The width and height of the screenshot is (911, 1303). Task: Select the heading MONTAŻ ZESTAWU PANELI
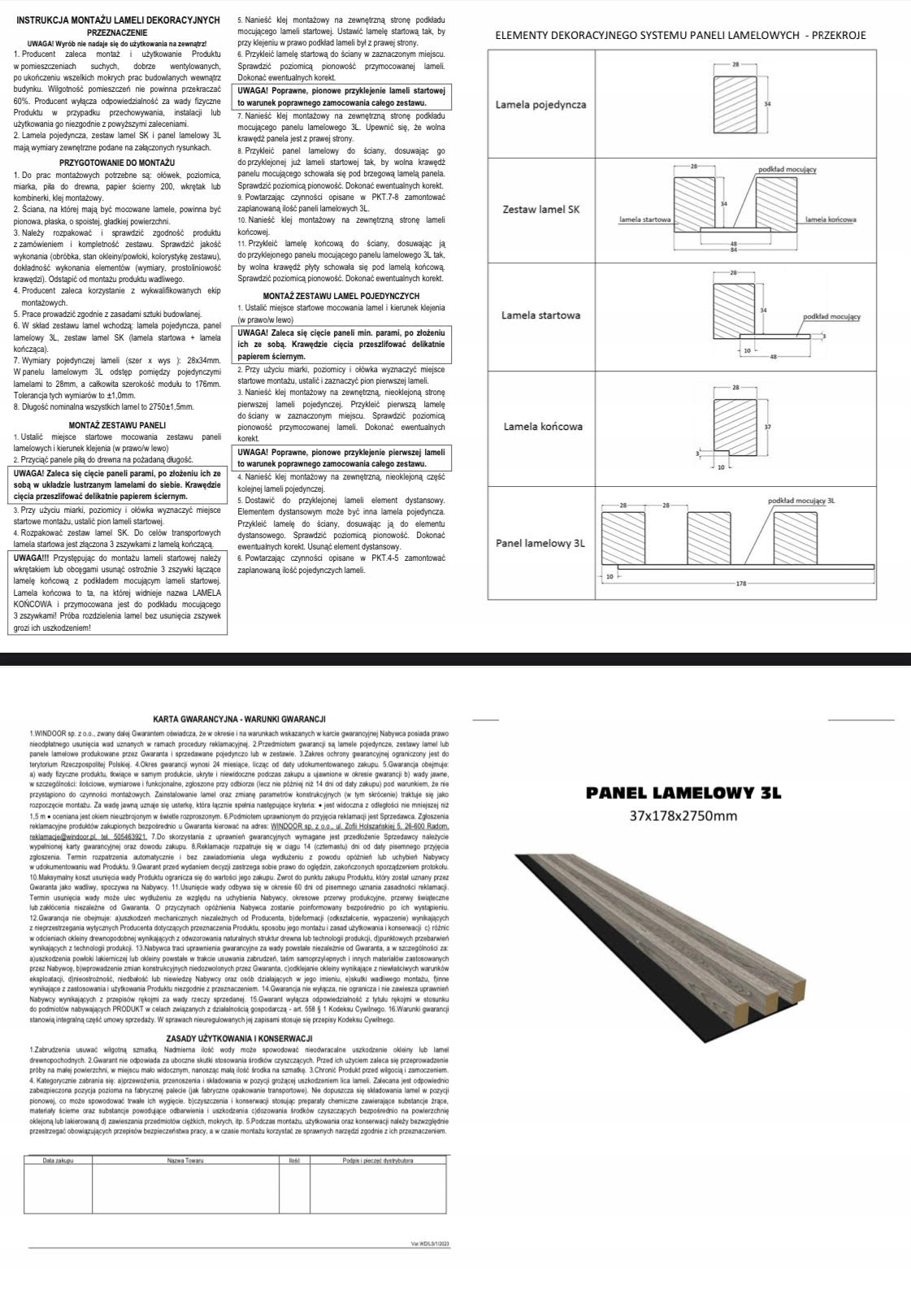[x=117, y=425]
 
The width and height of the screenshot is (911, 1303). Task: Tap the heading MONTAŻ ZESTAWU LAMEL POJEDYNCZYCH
[x=341, y=296]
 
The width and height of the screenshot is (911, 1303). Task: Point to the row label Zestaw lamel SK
[x=541, y=209]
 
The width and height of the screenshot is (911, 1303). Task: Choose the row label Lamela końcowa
[x=542, y=426]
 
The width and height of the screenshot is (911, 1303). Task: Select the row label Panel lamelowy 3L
[x=540, y=543]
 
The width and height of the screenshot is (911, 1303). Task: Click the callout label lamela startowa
[x=644, y=219]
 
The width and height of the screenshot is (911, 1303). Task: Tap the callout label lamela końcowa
[x=831, y=219]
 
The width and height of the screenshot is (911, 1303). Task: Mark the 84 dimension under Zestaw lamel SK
[x=733, y=250]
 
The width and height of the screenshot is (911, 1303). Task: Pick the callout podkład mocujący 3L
[x=801, y=501]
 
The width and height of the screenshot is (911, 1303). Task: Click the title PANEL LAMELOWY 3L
[x=683, y=793]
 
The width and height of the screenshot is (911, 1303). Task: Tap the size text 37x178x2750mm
[x=683, y=816]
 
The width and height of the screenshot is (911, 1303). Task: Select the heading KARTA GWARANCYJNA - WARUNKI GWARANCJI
[x=239, y=719]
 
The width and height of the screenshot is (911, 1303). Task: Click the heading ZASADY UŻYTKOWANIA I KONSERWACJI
[x=239, y=1038]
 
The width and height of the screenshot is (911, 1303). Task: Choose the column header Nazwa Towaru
[x=185, y=1160]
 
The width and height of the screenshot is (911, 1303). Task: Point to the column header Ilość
[x=294, y=1160]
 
